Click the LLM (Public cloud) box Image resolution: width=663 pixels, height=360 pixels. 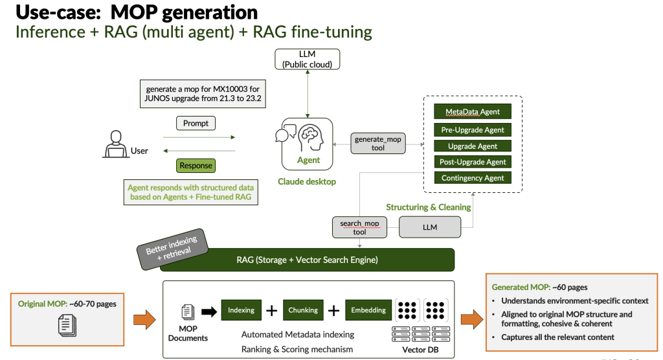click(x=307, y=59)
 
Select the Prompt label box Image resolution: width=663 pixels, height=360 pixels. click(x=196, y=123)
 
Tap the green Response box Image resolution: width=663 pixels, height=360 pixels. click(x=196, y=166)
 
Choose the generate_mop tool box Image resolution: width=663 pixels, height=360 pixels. click(x=378, y=144)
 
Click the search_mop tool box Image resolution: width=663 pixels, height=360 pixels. click(x=359, y=227)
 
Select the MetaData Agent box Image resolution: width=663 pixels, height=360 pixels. click(x=473, y=111)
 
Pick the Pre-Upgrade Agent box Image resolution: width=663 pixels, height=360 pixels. click(x=473, y=129)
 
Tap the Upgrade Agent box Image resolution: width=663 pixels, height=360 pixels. click(x=473, y=146)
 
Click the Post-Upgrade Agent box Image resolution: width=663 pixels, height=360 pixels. click(x=473, y=162)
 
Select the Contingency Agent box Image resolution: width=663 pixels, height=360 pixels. click(x=473, y=178)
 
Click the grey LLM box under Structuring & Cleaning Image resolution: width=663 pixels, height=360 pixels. click(x=430, y=227)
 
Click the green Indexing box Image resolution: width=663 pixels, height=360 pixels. click(x=241, y=310)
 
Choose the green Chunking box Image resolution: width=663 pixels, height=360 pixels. click(x=302, y=310)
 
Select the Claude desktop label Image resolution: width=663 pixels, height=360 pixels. click(x=307, y=182)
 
